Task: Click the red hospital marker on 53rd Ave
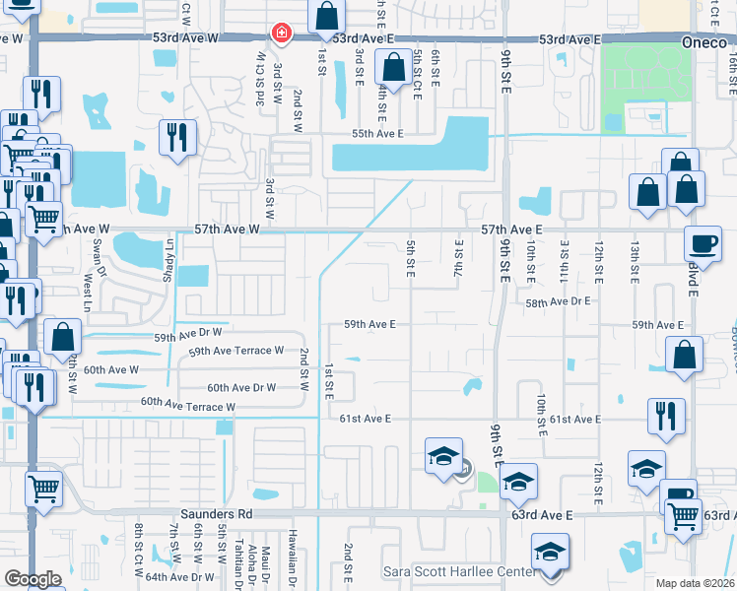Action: (x=282, y=34)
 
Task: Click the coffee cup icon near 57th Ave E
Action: (x=703, y=243)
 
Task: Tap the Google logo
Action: (x=33, y=579)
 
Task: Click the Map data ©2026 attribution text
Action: (x=695, y=583)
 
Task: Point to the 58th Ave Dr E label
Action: (x=557, y=303)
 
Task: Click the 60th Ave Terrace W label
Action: (x=187, y=405)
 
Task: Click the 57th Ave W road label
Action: (x=226, y=229)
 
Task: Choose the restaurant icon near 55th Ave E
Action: (x=176, y=136)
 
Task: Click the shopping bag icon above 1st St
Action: (x=326, y=17)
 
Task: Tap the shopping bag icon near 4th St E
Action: (x=392, y=69)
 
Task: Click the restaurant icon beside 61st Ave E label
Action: (x=666, y=415)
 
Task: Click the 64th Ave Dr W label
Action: (x=180, y=577)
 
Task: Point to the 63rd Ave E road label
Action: (x=542, y=515)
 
